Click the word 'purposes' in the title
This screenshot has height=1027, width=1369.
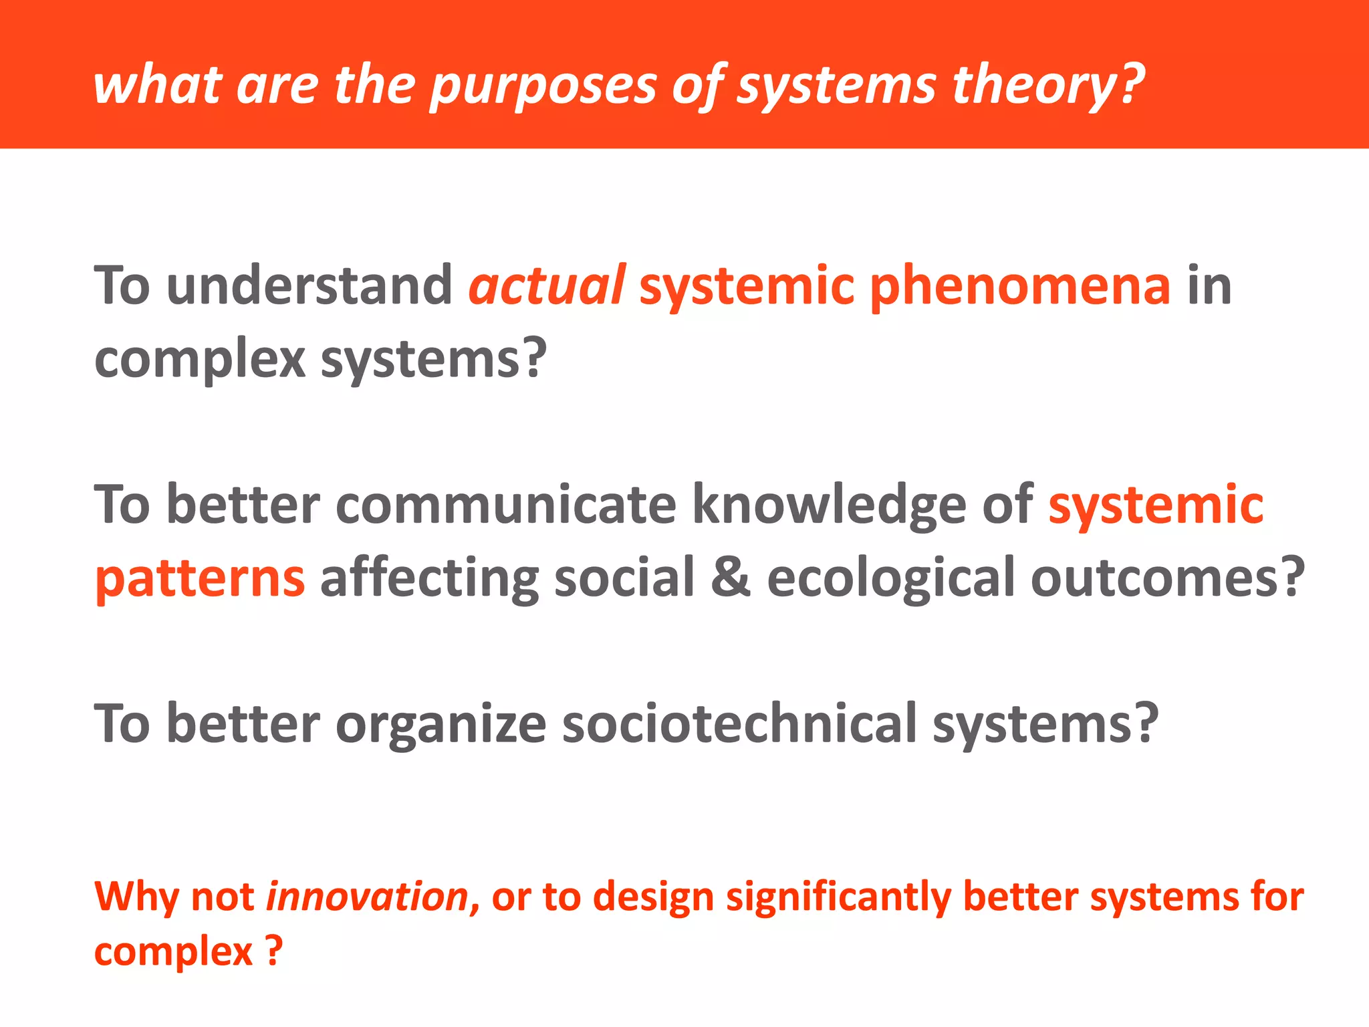[543, 87]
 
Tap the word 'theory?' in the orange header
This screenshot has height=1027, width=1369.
[1047, 87]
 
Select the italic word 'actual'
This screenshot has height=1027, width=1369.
[547, 286]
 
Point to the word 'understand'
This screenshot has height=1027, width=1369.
[309, 286]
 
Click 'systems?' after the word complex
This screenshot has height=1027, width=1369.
[434, 359]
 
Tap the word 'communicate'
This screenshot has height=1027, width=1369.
[506, 505]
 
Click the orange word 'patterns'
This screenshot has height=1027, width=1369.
[200, 579]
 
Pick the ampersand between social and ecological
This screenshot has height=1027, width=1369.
[731, 578]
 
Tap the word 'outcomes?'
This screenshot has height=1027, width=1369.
[1167, 578]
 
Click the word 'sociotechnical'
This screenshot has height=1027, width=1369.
[739, 723]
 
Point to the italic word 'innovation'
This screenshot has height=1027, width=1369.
[367, 897]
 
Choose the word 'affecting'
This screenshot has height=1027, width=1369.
[429, 579]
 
